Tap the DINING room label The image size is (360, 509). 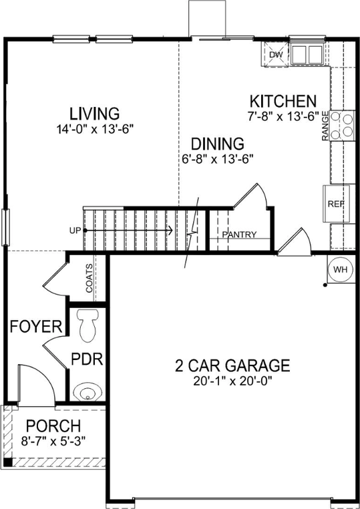coord(217,143)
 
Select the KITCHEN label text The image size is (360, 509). coord(283,102)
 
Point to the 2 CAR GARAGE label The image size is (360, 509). coord(232,365)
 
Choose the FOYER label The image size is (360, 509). coord(36,327)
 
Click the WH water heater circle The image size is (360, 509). coord(341,269)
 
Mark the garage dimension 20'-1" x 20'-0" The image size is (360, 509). coord(232,382)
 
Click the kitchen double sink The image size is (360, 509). coord(306,53)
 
